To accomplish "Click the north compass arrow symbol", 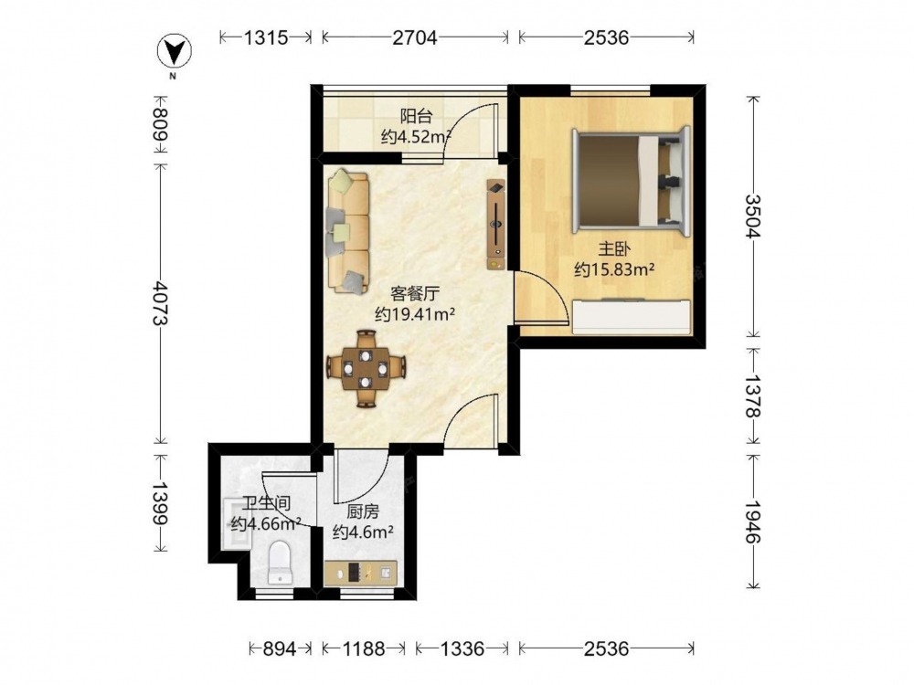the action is pyautogui.click(x=175, y=52).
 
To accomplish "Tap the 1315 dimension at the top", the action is pyautogui.click(x=266, y=37).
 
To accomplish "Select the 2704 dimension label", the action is pyautogui.click(x=414, y=37).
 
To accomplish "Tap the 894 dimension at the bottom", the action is pyautogui.click(x=280, y=648).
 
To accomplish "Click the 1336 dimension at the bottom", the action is pyautogui.click(x=462, y=648).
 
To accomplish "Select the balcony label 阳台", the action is pyautogui.click(x=416, y=116).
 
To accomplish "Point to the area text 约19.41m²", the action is pyautogui.click(x=414, y=314).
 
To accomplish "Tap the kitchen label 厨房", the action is pyautogui.click(x=363, y=512).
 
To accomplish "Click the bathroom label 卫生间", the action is pyautogui.click(x=266, y=502).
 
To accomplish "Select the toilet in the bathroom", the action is pyautogui.click(x=279, y=562).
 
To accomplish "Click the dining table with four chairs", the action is pyautogui.click(x=366, y=369).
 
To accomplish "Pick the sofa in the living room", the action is pyautogui.click(x=348, y=231).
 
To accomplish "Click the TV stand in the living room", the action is pyautogui.click(x=496, y=225).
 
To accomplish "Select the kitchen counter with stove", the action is pyautogui.click(x=361, y=573).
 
